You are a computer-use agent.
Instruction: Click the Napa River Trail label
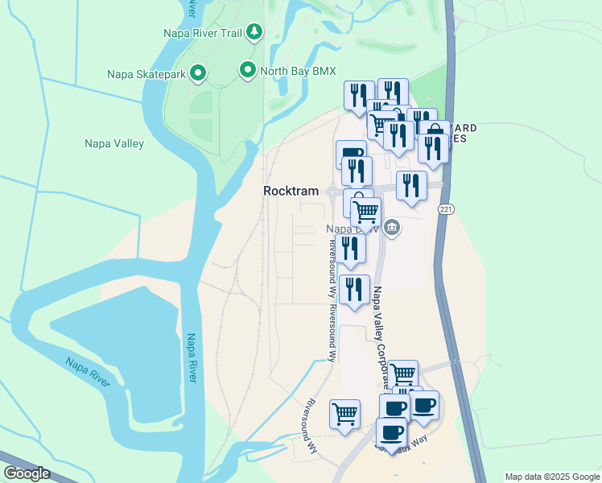[x=203, y=33]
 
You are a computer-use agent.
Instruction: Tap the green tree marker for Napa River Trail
[x=254, y=32]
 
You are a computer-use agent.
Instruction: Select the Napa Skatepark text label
[x=146, y=75]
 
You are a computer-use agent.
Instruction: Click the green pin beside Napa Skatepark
[x=197, y=75]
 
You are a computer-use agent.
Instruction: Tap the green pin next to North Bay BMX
[x=248, y=71]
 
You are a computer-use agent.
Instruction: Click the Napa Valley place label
[x=114, y=144]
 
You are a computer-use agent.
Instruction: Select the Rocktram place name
[x=290, y=191]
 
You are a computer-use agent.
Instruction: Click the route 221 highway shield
[x=445, y=208]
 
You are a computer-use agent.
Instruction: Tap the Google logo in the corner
[x=27, y=473]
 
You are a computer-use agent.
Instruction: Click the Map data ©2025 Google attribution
[x=551, y=477]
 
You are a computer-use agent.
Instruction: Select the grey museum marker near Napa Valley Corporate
[x=392, y=227]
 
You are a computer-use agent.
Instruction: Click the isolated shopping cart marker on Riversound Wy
[x=345, y=415]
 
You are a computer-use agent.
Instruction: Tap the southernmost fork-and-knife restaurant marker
[x=354, y=290]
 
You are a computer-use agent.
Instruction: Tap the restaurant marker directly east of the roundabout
[x=411, y=186]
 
